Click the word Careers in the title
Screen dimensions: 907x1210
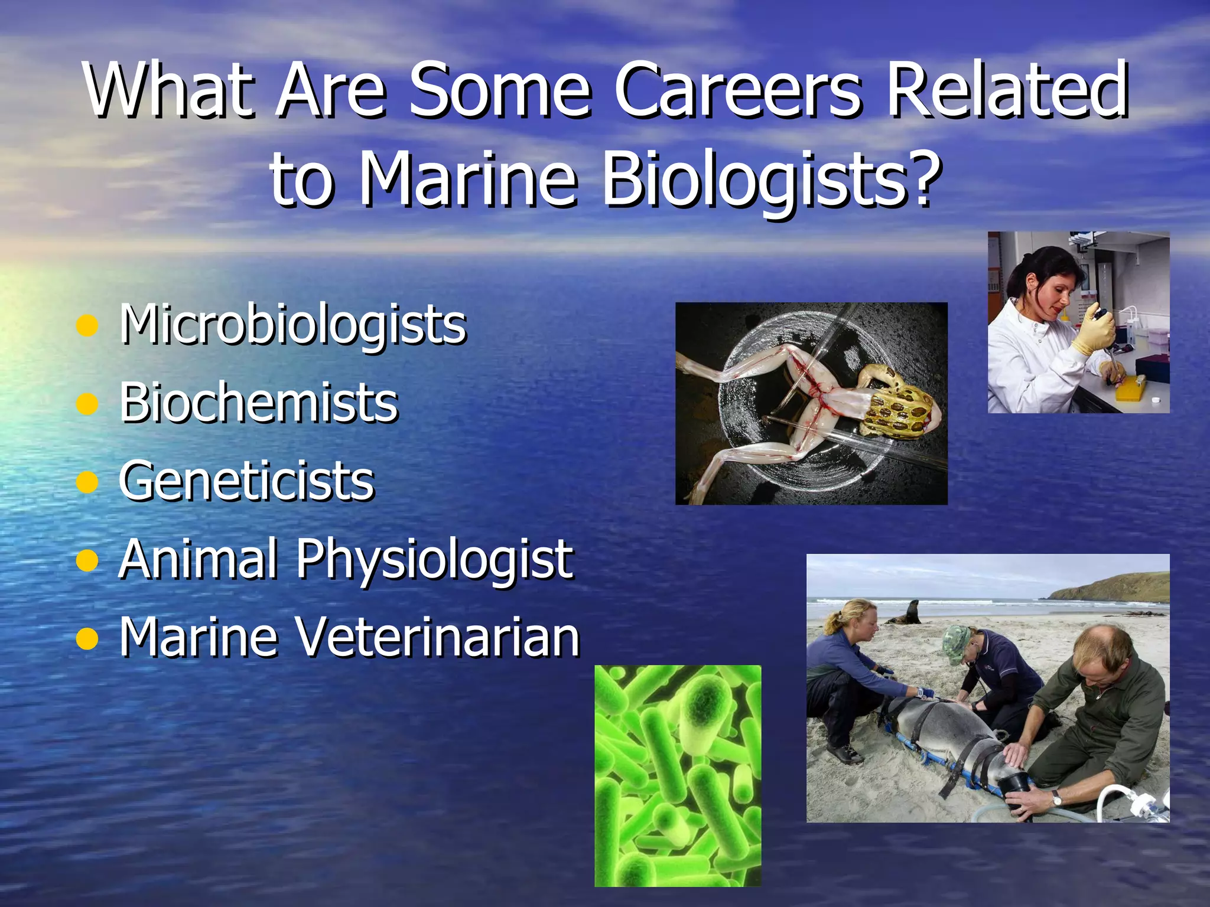(x=739, y=92)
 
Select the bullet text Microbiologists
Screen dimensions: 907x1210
(x=292, y=325)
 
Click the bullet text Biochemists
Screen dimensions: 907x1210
(x=259, y=403)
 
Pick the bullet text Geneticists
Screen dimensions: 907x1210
(x=246, y=481)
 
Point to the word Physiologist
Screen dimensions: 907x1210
(x=434, y=560)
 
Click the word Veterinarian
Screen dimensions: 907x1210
(x=437, y=638)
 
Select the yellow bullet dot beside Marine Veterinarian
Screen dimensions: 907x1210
(x=87, y=639)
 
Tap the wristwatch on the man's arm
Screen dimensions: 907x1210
(x=1056, y=798)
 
